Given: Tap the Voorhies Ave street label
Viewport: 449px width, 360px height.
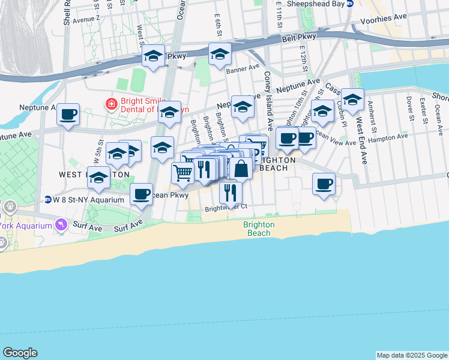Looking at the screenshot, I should (384, 21).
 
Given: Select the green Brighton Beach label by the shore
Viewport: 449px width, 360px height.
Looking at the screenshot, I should (259, 229).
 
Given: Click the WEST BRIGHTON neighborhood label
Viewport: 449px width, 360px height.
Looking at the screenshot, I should (94, 174).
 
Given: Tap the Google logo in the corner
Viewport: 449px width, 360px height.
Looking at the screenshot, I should (20, 353).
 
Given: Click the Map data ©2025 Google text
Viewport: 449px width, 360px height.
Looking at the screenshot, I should (412, 355).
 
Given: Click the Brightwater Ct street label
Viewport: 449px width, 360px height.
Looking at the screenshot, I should (226, 208).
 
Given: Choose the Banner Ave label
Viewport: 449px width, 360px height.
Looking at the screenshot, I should (243, 69).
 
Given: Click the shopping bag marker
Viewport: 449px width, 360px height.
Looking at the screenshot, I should (241, 169).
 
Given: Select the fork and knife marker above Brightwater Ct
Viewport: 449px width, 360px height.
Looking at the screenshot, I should (229, 192).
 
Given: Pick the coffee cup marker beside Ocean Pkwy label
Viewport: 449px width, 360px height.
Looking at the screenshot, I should (141, 193).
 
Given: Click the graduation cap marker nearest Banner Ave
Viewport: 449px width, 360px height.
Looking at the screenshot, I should (220, 55).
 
